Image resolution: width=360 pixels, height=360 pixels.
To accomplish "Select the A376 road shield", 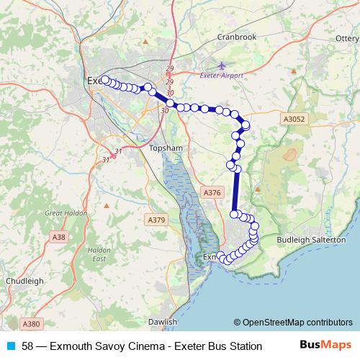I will click(212, 193).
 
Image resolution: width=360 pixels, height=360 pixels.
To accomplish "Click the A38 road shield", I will click(59, 236).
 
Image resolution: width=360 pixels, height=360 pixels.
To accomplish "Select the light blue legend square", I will click(10, 346).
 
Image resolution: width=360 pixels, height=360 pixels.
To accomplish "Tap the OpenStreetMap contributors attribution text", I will click(293, 323).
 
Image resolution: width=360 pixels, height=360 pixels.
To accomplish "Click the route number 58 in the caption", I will click(28, 346).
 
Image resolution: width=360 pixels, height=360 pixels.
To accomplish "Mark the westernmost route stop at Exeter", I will click(105, 80).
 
